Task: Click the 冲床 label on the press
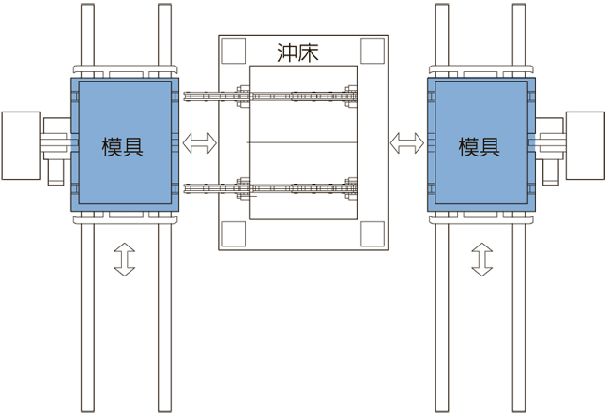click(x=298, y=52)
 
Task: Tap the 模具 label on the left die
click(x=123, y=147)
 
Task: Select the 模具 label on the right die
click(x=480, y=147)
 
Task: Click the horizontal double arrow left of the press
click(x=200, y=143)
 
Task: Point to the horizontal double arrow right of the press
click(x=407, y=143)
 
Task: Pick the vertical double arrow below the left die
click(x=125, y=260)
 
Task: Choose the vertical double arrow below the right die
click(x=482, y=260)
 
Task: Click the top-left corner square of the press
click(x=234, y=51)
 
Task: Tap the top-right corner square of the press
click(x=373, y=51)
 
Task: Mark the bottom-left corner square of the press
click(x=234, y=234)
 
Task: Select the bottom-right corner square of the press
click(x=373, y=234)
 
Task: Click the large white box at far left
click(x=22, y=146)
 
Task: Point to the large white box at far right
click(x=585, y=146)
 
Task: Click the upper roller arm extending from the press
click(x=270, y=96)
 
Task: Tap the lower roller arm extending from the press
click(x=270, y=189)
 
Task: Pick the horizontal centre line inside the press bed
click(x=302, y=142)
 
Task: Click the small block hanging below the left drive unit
click(x=55, y=172)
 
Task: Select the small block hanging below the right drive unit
click(x=551, y=172)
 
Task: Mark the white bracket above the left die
click(x=125, y=69)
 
